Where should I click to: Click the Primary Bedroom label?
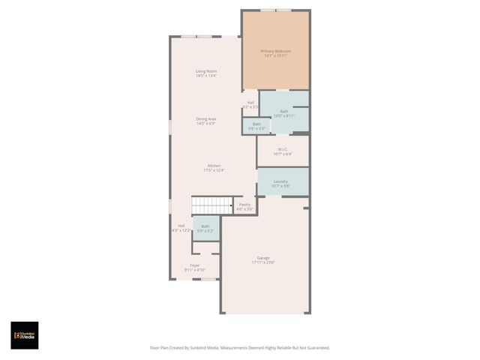point(275,51)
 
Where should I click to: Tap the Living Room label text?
point(206,71)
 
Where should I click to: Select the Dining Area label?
point(206,118)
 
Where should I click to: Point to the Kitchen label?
point(214,166)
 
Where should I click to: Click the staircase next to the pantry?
point(212,205)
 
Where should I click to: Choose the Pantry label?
point(244,204)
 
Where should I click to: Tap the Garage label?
point(263,258)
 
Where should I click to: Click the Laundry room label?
point(281,181)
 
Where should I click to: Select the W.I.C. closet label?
point(283,149)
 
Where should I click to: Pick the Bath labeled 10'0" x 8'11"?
point(284,111)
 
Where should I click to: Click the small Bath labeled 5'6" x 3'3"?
point(256,124)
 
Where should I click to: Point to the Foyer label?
point(195,265)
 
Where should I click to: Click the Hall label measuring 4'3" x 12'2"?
point(181,226)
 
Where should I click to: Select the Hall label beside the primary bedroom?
point(250,103)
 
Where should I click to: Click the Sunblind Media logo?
point(24,335)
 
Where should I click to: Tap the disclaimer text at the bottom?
point(240,347)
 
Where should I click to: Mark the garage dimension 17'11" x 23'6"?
point(263,262)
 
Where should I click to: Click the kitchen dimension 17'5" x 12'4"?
point(214,170)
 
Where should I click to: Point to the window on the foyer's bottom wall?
point(196,279)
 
